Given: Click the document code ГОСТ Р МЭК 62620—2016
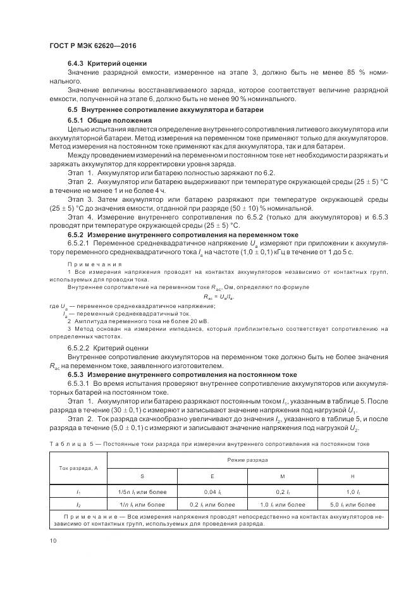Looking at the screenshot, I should pyautogui.click(x=93, y=46).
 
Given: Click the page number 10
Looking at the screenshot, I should pyautogui.click(x=53, y=540).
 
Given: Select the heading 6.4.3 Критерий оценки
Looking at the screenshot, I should pyautogui.click(x=107, y=63).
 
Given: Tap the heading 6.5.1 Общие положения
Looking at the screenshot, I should pyautogui.click(x=110, y=120).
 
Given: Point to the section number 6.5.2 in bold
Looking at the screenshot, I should pyautogui.click(x=77, y=234).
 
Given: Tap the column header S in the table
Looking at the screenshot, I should pyautogui.click(x=142, y=475).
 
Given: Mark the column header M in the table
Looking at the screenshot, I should pyautogui.click(x=282, y=475).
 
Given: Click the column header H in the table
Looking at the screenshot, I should pyautogui.click(x=353, y=475).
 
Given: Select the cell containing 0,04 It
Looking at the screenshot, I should pyautogui.click(x=212, y=491).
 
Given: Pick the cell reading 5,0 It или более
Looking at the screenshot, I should pyautogui.click(x=353, y=504).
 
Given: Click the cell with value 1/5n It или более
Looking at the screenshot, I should pyautogui.click(x=142, y=491).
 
